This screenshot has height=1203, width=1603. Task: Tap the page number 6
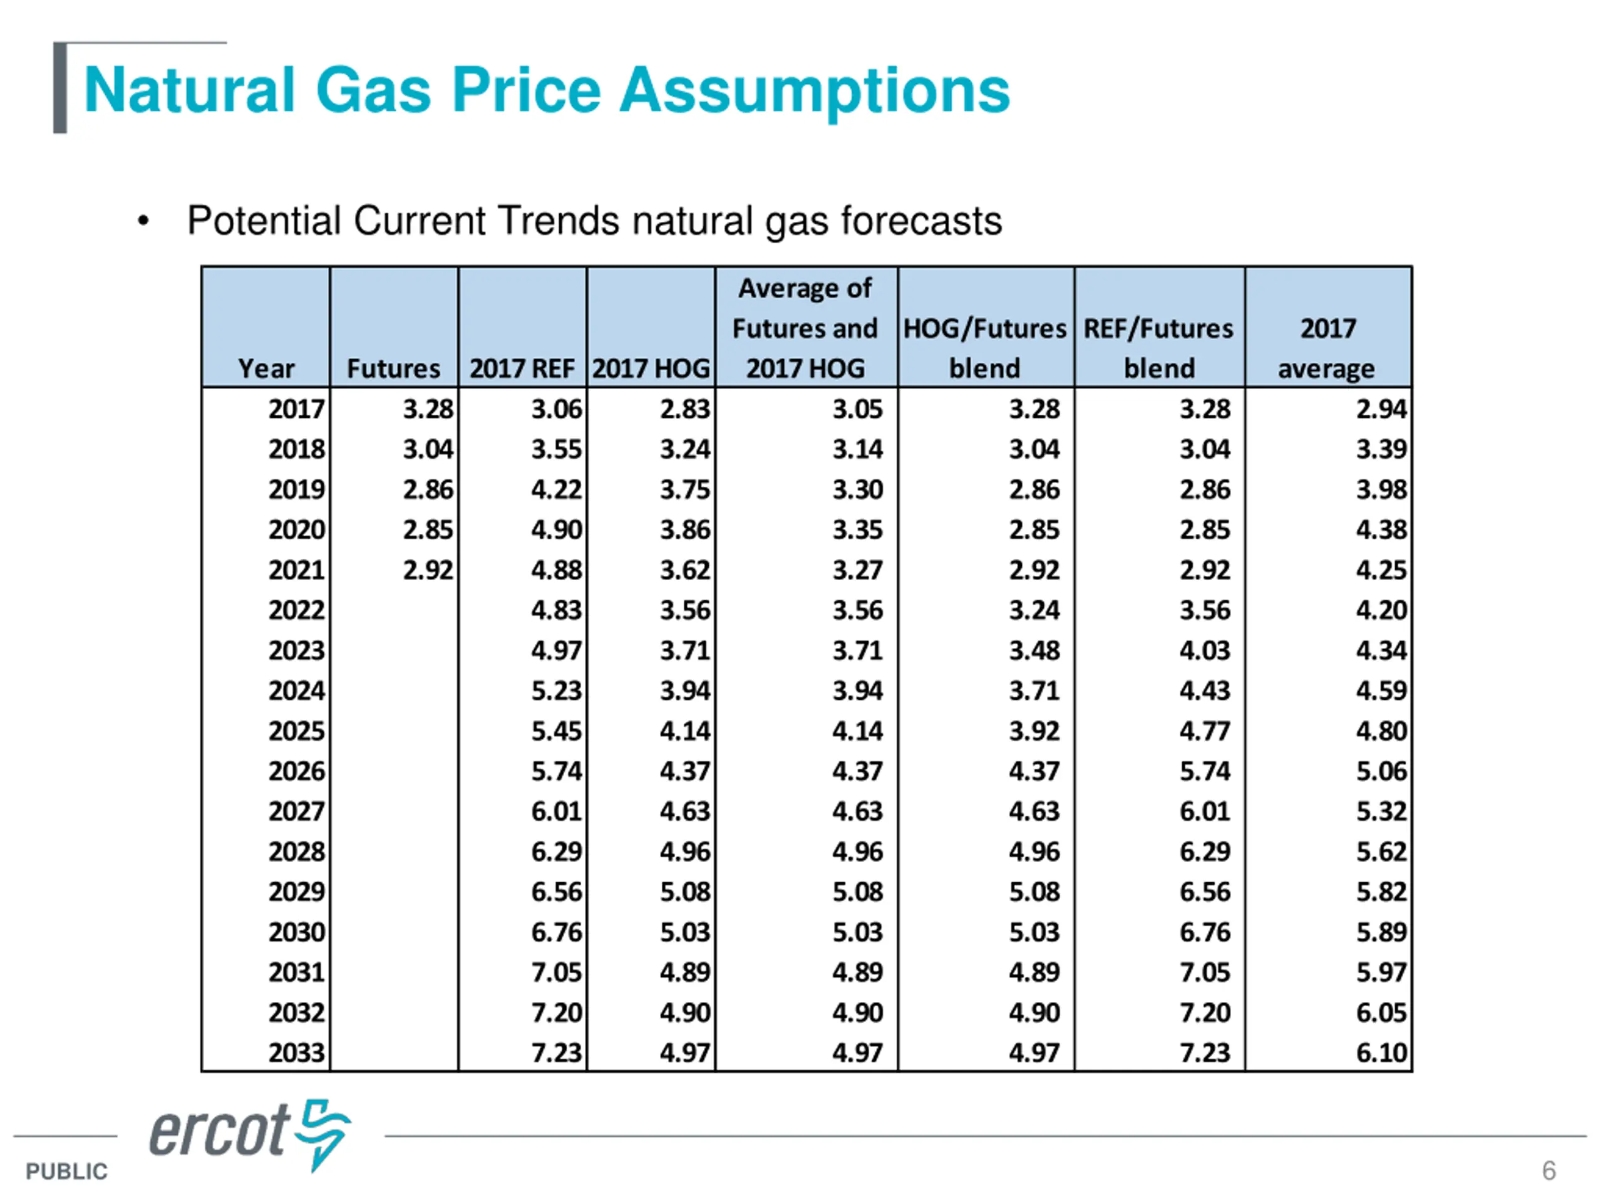pos(1549,1171)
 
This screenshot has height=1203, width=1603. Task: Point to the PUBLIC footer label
pos(66,1172)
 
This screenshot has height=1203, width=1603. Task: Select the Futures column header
pos(393,368)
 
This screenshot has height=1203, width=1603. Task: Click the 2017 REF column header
pos(522,368)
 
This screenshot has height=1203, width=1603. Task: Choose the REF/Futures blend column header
pos(1159,348)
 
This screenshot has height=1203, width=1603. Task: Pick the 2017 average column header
pos(1327,348)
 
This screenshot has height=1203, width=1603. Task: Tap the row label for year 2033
pos(296,1053)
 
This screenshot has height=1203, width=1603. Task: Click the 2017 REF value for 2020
pos(557,530)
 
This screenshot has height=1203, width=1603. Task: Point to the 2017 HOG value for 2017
pos(685,410)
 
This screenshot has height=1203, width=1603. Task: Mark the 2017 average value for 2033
pos(1381,1053)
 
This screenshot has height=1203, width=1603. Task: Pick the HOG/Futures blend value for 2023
pos(1034,650)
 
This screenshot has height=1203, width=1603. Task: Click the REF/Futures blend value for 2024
pos(1204,691)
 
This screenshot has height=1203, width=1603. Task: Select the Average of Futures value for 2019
pos(857,490)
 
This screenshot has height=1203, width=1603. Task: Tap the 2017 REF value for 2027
pos(557,811)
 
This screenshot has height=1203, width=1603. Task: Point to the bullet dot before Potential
pos(143,221)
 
